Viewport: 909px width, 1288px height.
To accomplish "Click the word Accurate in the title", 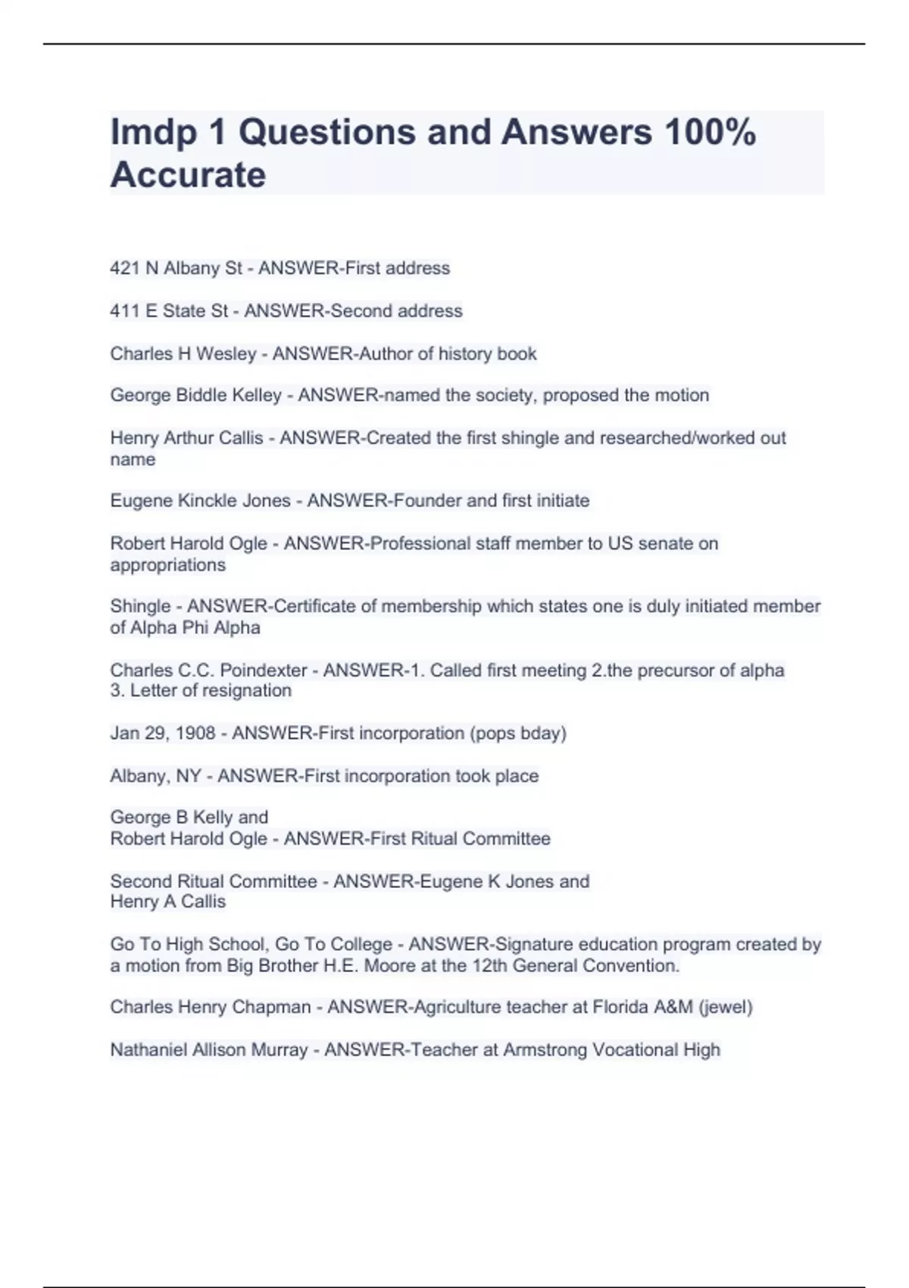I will [188, 175].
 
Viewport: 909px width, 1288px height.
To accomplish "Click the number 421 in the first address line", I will [125, 268].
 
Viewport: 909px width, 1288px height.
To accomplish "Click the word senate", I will [664, 543].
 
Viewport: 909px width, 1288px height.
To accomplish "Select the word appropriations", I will [167, 565].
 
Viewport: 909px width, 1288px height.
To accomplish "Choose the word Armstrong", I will [545, 1050].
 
